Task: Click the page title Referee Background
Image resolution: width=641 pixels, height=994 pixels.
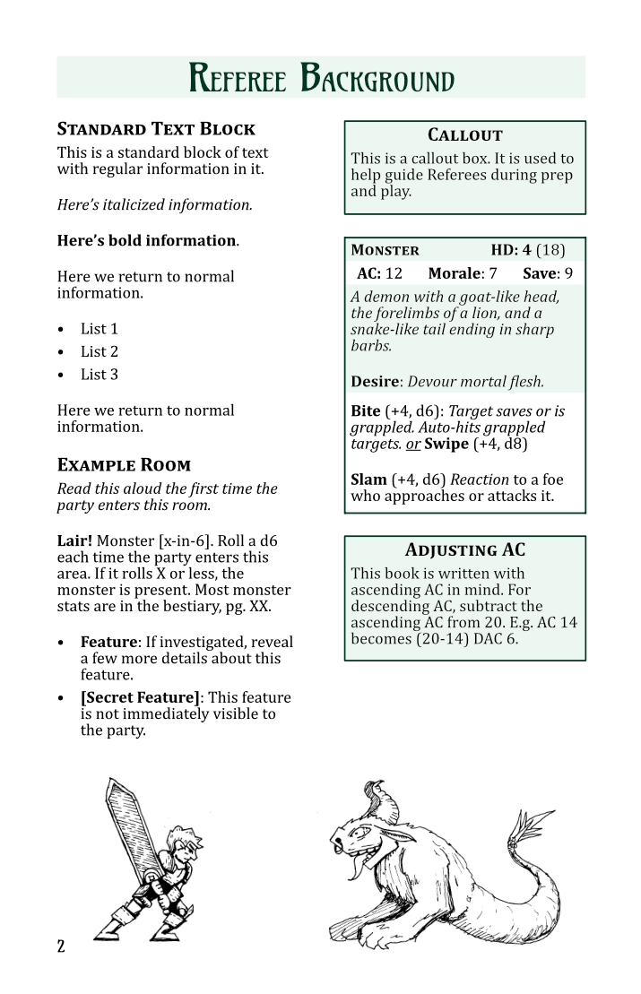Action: tap(321, 79)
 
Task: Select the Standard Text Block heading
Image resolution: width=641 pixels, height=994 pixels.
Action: tap(156, 129)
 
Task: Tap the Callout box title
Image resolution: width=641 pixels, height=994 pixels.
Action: tap(464, 135)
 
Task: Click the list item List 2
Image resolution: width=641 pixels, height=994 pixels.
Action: tap(99, 351)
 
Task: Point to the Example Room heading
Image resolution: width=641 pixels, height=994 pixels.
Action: tap(124, 465)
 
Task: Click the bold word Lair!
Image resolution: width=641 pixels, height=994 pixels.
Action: tap(74, 540)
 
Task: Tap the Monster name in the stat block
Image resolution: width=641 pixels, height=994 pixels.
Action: tap(385, 250)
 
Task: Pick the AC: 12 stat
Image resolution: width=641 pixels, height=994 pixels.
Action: tap(379, 273)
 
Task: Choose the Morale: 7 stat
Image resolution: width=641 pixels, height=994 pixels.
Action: tap(462, 273)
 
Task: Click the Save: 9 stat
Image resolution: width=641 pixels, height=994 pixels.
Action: tap(547, 273)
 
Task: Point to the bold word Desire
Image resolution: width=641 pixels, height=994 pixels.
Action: tap(375, 382)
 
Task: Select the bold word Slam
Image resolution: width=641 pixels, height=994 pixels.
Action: tap(368, 480)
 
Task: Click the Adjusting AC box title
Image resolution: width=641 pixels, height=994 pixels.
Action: tap(464, 550)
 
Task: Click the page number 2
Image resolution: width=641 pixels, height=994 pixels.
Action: tap(61, 946)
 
